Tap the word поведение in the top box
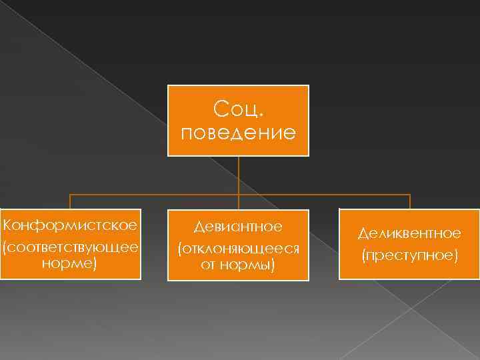238,131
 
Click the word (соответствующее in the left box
70,247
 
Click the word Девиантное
238,227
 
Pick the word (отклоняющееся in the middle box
238,249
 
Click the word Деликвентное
409,233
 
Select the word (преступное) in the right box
409,255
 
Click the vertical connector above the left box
70,201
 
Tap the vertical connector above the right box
409,201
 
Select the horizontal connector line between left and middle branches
153,195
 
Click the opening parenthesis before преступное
364,255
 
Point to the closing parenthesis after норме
95,264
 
